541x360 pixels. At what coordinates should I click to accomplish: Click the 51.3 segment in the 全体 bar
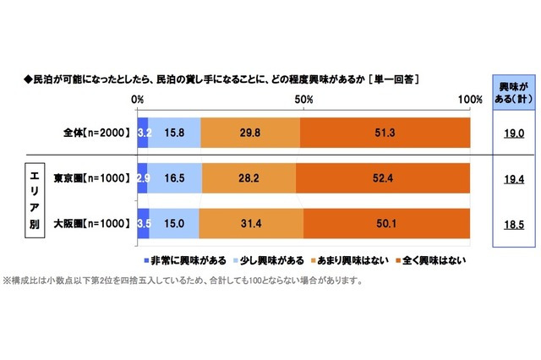point(385,133)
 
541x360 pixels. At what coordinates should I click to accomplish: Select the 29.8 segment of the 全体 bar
point(250,133)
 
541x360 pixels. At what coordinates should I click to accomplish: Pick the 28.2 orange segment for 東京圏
point(249,178)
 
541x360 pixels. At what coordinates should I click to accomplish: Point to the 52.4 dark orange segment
point(383,178)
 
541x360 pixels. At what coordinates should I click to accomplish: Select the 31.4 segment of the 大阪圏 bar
point(251,225)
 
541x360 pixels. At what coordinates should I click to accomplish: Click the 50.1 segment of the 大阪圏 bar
point(386,225)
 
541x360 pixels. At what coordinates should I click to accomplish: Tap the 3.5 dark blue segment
point(144,225)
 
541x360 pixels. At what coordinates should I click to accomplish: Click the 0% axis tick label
point(138,99)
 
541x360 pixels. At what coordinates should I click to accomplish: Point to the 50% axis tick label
point(303,99)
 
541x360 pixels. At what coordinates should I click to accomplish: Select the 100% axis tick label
point(468,99)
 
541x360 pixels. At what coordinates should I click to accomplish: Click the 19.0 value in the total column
point(516,134)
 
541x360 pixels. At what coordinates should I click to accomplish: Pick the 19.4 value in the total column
point(516,179)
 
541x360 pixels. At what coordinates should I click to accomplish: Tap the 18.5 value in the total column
point(516,225)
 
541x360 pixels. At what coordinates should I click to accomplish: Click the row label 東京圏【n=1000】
point(90,178)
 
